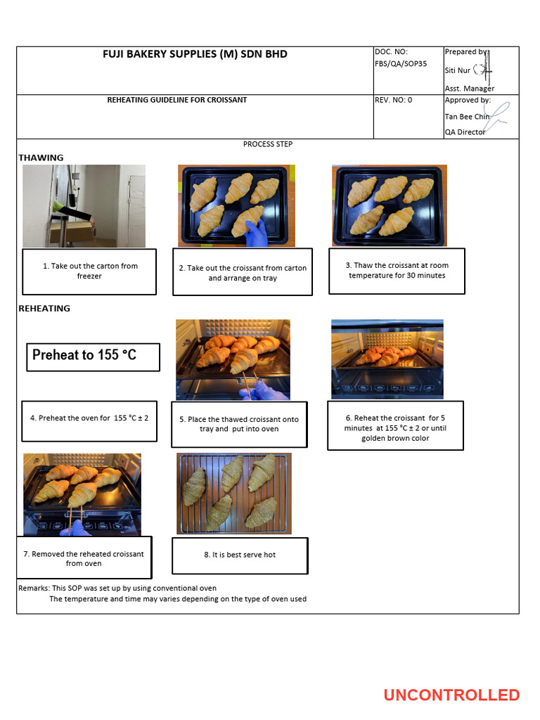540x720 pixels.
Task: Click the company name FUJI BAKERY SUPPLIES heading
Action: click(x=195, y=54)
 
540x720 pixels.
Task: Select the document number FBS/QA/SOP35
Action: click(x=401, y=63)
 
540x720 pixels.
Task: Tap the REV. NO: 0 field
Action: click(x=394, y=100)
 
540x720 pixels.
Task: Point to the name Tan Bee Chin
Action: click(x=467, y=117)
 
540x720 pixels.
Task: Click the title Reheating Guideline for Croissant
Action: click(x=177, y=100)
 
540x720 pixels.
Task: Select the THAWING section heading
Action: click(x=41, y=157)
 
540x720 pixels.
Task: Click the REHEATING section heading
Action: click(x=44, y=308)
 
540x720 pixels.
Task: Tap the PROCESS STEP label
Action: click(x=268, y=144)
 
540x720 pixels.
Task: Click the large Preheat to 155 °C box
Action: click(x=93, y=356)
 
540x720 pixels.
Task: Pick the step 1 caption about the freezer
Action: click(x=89, y=271)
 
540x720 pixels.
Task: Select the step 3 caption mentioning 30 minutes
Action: click(x=397, y=271)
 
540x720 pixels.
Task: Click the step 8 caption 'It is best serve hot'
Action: click(x=240, y=555)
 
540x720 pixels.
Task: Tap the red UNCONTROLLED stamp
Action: click(x=451, y=695)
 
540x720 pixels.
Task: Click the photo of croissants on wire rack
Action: click(x=233, y=493)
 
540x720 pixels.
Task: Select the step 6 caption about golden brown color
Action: click(x=395, y=428)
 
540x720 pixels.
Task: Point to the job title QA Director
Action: click(x=465, y=132)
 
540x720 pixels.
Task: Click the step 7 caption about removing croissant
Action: click(x=83, y=559)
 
